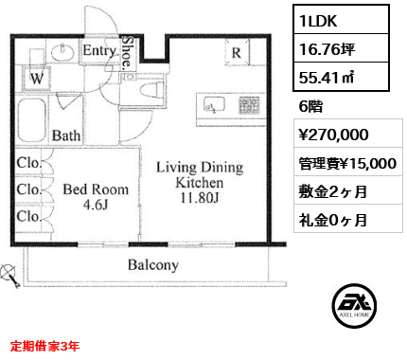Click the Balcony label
(153, 265)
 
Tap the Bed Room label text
(96, 189)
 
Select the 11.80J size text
(200, 198)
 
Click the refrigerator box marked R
(237, 52)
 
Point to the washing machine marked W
(37, 78)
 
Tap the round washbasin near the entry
(62, 51)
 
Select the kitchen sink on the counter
(214, 104)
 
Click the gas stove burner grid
(249, 105)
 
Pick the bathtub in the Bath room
(32, 120)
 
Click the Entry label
(99, 50)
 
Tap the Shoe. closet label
(127, 52)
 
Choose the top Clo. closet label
(29, 163)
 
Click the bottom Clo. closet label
(29, 217)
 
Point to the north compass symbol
(10, 276)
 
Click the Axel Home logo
(354, 306)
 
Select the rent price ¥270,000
(333, 135)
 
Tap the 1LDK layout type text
(318, 21)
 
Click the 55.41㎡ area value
(327, 78)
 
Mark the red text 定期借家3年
(44, 347)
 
